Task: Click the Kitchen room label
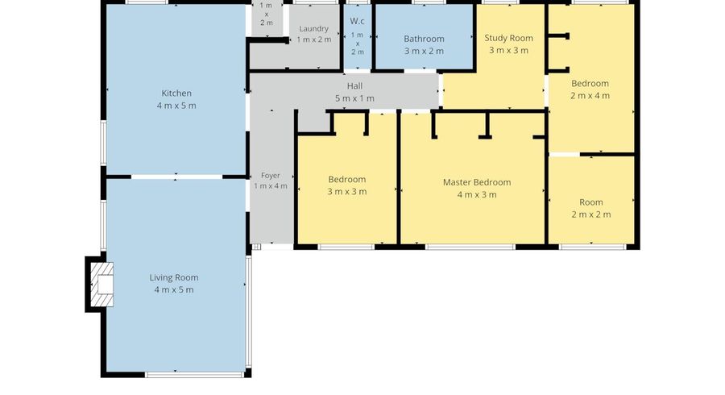(x=176, y=94)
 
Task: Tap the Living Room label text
(x=174, y=277)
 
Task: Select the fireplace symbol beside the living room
(x=101, y=285)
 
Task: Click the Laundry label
(x=313, y=29)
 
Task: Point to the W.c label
(x=358, y=21)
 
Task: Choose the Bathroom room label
(x=424, y=39)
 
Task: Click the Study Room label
(x=508, y=39)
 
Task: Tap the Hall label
(x=354, y=86)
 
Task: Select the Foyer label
(x=271, y=176)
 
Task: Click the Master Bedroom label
(x=477, y=182)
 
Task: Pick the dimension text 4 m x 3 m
(x=477, y=195)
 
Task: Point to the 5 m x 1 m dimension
(x=354, y=98)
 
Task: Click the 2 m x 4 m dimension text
(x=590, y=96)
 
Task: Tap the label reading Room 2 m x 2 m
(x=591, y=208)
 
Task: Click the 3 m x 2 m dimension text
(x=424, y=52)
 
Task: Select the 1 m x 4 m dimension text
(x=271, y=186)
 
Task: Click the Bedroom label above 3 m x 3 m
(x=346, y=180)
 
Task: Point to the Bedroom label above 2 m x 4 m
(x=590, y=84)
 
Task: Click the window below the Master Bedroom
(x=470, y=247)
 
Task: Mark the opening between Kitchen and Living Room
(x=176, y=177)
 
